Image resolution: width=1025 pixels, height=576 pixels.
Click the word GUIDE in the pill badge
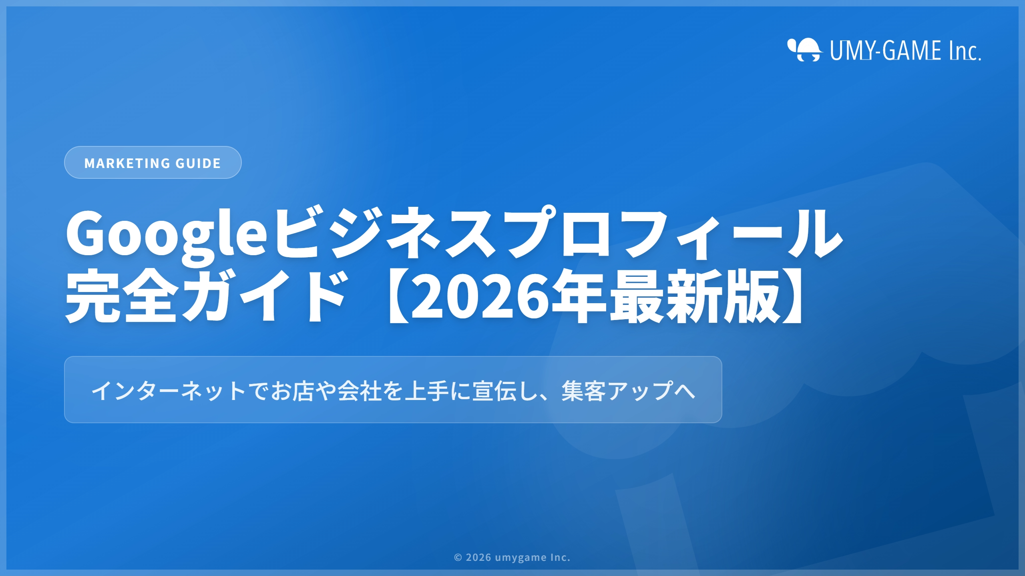point(198,163)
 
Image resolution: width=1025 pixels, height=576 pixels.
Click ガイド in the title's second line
point(264,296)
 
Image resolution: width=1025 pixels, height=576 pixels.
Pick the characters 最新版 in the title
point(695,296)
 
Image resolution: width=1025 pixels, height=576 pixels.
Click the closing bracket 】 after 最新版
point(793,296)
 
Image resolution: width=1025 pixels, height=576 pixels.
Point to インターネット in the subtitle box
point(169,391)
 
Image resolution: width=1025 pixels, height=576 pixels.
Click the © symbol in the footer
point(458,558)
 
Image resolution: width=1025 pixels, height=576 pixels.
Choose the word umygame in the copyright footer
point(521,558)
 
